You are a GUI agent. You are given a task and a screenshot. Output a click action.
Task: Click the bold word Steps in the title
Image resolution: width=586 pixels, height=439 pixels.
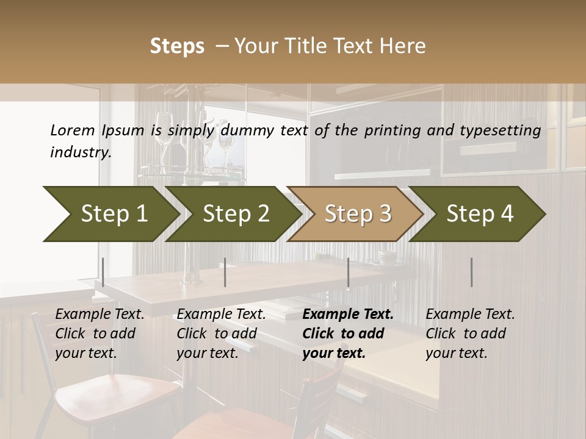177,46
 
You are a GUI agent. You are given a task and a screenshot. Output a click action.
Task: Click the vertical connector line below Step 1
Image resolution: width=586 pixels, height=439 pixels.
103,272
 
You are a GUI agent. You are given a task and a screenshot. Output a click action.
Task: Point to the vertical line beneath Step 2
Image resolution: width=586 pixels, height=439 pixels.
225,272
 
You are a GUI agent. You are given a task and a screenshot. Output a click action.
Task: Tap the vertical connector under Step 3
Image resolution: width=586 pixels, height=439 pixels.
348,272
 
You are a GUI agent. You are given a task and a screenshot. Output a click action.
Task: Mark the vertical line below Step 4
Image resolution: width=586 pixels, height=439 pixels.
471,272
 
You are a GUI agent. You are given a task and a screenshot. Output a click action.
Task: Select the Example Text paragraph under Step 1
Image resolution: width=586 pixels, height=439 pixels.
99,334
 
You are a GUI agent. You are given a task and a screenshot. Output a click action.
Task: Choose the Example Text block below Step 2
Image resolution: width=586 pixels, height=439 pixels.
221,334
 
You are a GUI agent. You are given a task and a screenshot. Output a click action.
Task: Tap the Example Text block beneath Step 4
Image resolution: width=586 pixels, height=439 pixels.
470,334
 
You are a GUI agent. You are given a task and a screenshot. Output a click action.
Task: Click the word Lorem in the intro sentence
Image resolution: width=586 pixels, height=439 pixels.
72,130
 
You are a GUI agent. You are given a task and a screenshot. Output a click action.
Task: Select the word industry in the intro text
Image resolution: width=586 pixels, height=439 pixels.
80,152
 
